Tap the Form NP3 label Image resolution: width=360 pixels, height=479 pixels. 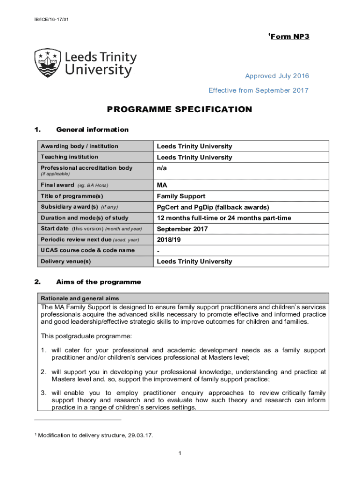click(289, 36)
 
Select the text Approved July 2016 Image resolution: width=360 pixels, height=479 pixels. click(277, 76)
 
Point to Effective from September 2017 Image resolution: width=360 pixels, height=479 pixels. click(259, 90)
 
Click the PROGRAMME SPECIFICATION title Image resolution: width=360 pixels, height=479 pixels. click(180, 109)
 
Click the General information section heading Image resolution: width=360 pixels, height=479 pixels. click(92, 130)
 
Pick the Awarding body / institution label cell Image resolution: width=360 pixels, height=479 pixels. click(79, 146)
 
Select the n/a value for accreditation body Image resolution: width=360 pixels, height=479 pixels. click(162, 168)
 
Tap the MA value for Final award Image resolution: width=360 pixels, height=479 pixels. click(162, 185)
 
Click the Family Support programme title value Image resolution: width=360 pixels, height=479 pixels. click(181, 196)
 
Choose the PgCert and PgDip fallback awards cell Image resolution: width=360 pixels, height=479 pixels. click(213, 207)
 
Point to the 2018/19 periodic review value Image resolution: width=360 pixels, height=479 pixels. click(169, 239)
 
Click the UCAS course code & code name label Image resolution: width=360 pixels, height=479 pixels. click(87, 250)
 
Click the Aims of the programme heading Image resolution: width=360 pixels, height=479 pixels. click(98, 282)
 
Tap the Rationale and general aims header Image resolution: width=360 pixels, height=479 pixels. click(80, 298)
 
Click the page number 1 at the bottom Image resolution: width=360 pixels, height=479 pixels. click(180, 453)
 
